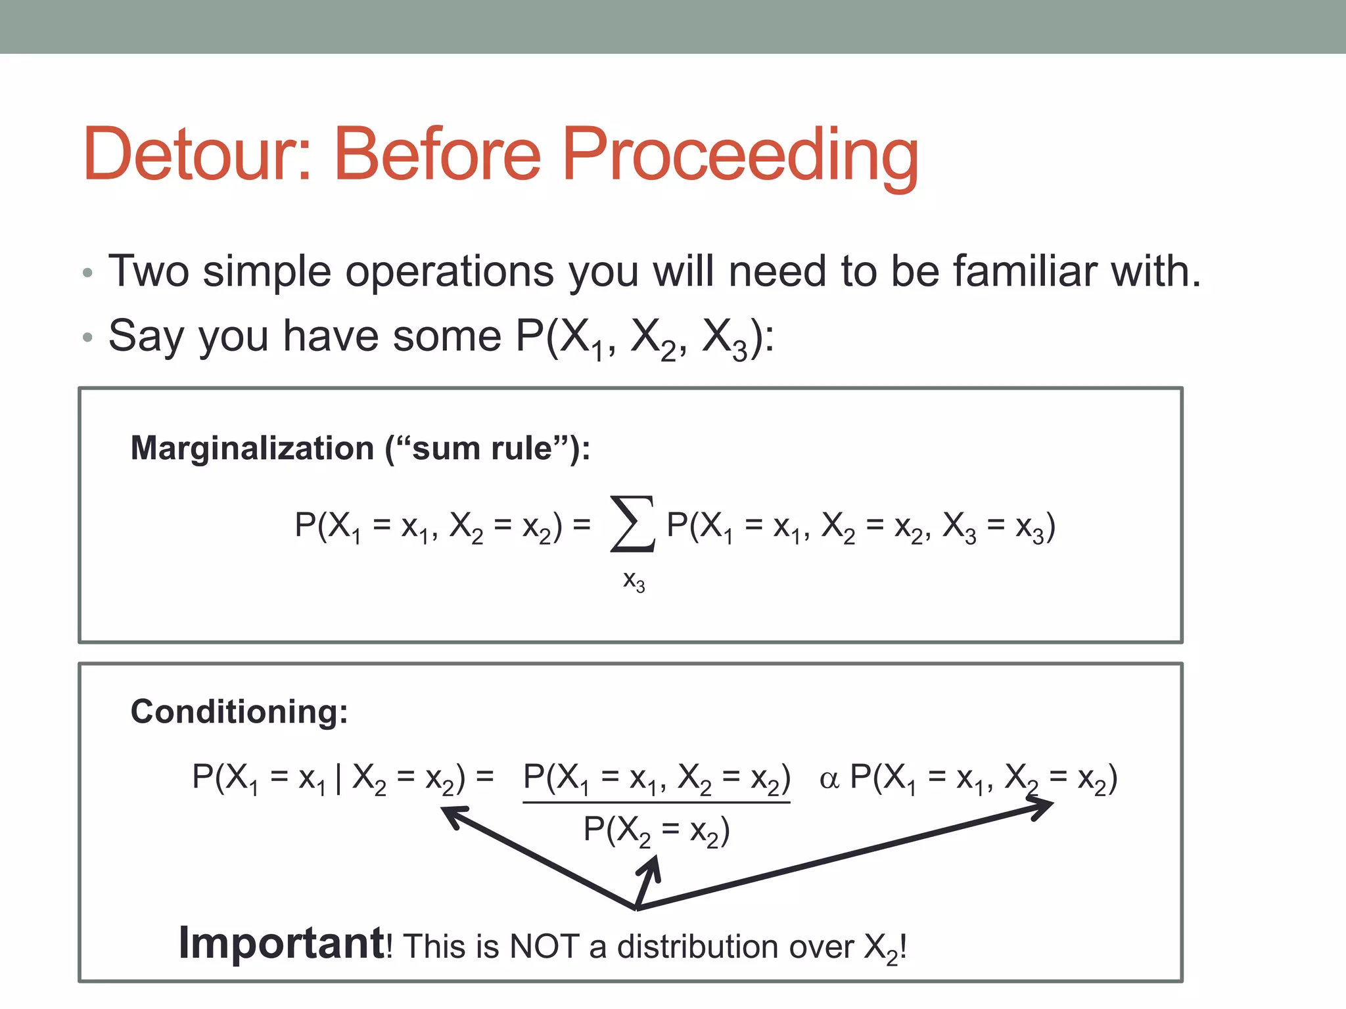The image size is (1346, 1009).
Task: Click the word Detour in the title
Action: [197, 154]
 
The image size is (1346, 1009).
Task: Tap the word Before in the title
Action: [437, 154]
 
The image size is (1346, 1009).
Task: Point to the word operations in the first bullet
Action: [450, 272]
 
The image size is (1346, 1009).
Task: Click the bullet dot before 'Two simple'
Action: [88, 273]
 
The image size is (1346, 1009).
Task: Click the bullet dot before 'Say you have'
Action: [88, 338]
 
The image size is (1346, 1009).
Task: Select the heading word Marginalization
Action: [252, 449]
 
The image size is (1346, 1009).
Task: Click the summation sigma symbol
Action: [632, 524]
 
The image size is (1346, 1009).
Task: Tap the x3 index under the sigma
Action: [634, 581]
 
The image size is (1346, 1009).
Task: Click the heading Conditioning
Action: [239, 711]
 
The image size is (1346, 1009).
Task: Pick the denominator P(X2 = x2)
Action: [656, 830]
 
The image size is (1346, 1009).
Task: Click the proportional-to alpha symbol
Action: [829, 780]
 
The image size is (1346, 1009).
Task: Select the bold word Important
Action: [281, 943]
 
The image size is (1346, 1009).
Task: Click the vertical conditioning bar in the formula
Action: [338, 778]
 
